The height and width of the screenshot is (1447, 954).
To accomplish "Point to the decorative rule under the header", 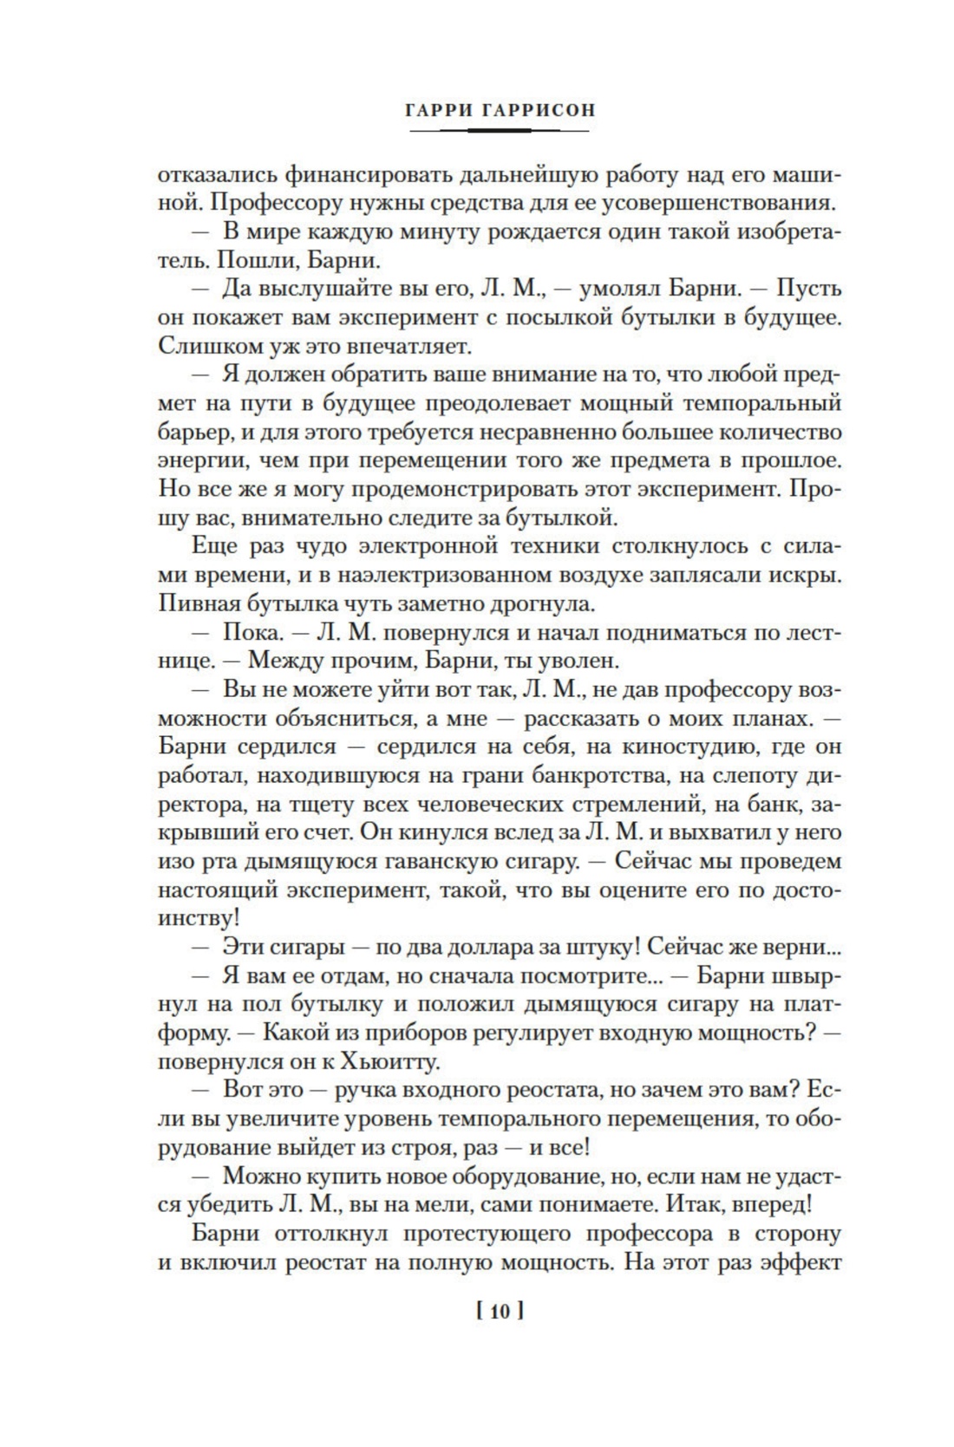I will (x=499, y=130).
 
